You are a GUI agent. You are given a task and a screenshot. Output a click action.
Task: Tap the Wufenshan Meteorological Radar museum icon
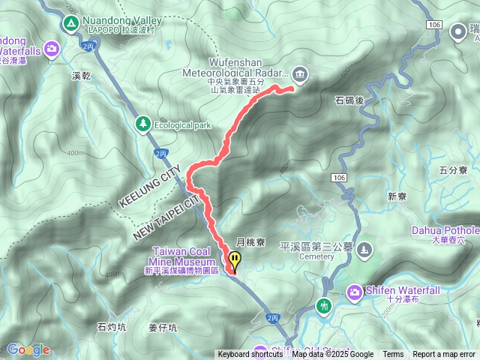(x=301, y=73)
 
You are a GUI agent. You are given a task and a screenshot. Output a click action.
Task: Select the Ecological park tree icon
(x=142, y=122)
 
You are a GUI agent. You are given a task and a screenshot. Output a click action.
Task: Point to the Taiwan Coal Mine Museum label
(x=184, y=256)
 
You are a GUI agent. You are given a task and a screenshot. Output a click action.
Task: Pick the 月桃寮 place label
(x=251, y=242)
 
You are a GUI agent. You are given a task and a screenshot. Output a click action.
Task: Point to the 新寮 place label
(x=397, y=196)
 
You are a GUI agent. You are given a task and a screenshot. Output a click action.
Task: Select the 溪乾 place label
(x=82, y=76)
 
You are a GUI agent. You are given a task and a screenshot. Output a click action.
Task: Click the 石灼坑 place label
(x=112, y=326)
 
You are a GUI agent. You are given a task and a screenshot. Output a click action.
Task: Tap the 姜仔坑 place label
(x=163, y=327)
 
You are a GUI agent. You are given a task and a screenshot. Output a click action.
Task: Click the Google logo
(x=28, y=349)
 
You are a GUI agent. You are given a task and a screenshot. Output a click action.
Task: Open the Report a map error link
(x=444, y=355)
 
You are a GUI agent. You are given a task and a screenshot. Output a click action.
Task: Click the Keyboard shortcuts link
(x=250, y=355)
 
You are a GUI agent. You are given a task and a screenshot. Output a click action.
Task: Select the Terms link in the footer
(x=393, y=355)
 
